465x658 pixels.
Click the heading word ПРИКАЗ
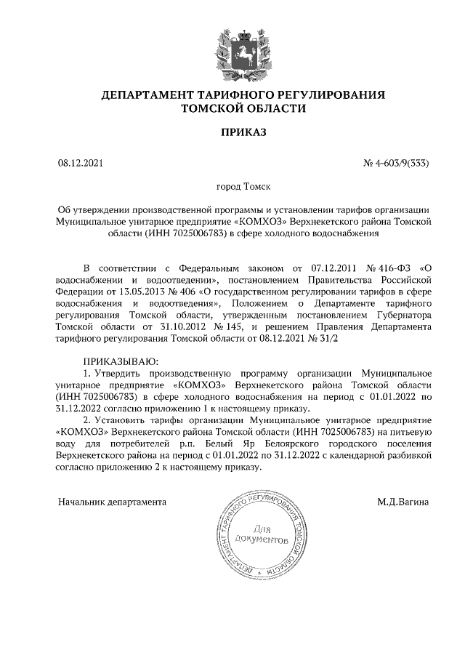coord(232,133)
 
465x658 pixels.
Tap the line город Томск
coord(232,188)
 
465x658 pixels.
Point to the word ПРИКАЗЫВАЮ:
coord(120,361)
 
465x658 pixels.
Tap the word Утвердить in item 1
coord(119,372)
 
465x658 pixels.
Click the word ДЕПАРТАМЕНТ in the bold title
coord(145,95)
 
